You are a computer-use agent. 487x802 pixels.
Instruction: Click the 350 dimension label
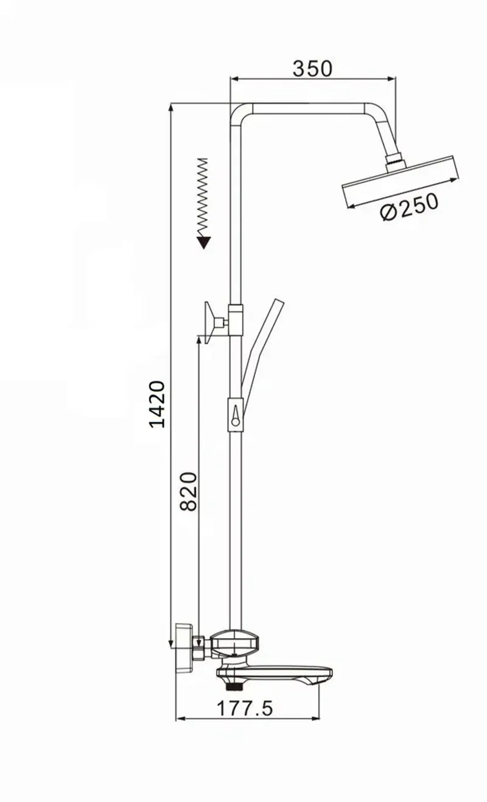tap(312, 68)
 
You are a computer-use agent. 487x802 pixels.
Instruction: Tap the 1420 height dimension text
tap(157, 404)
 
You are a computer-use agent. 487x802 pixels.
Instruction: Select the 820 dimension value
tap(189, 492)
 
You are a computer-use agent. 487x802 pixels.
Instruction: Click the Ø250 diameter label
tap(409, 207)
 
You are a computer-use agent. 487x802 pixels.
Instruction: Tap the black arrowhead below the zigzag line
tap(204, 243)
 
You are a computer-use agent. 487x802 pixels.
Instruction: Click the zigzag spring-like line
tap(203, 197)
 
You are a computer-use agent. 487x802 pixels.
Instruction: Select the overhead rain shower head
tap(401, 182)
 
